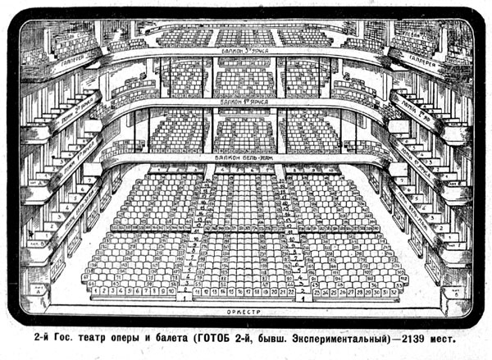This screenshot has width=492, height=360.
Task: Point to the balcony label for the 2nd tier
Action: pyautogui.click(x=245, y=51)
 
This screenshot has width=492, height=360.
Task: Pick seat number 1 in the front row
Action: pyautogui.click(x=96, y=290)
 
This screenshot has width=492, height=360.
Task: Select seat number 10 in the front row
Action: pyautogui.click(x=172, y=290)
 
